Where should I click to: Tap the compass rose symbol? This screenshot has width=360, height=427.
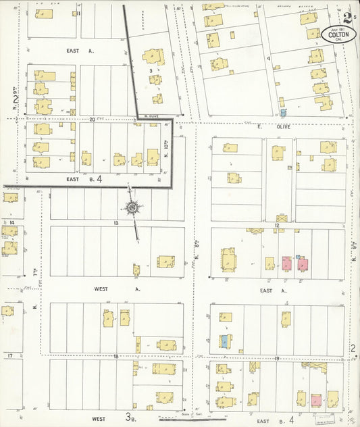coord(132,207)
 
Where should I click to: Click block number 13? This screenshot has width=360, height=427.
coord(116,222)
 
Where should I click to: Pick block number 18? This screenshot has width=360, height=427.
coord(116,355)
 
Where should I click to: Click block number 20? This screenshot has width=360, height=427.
coord(92,119)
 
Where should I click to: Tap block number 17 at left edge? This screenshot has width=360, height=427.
coord(9,355)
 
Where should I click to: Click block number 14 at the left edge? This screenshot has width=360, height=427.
coord(11,222)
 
